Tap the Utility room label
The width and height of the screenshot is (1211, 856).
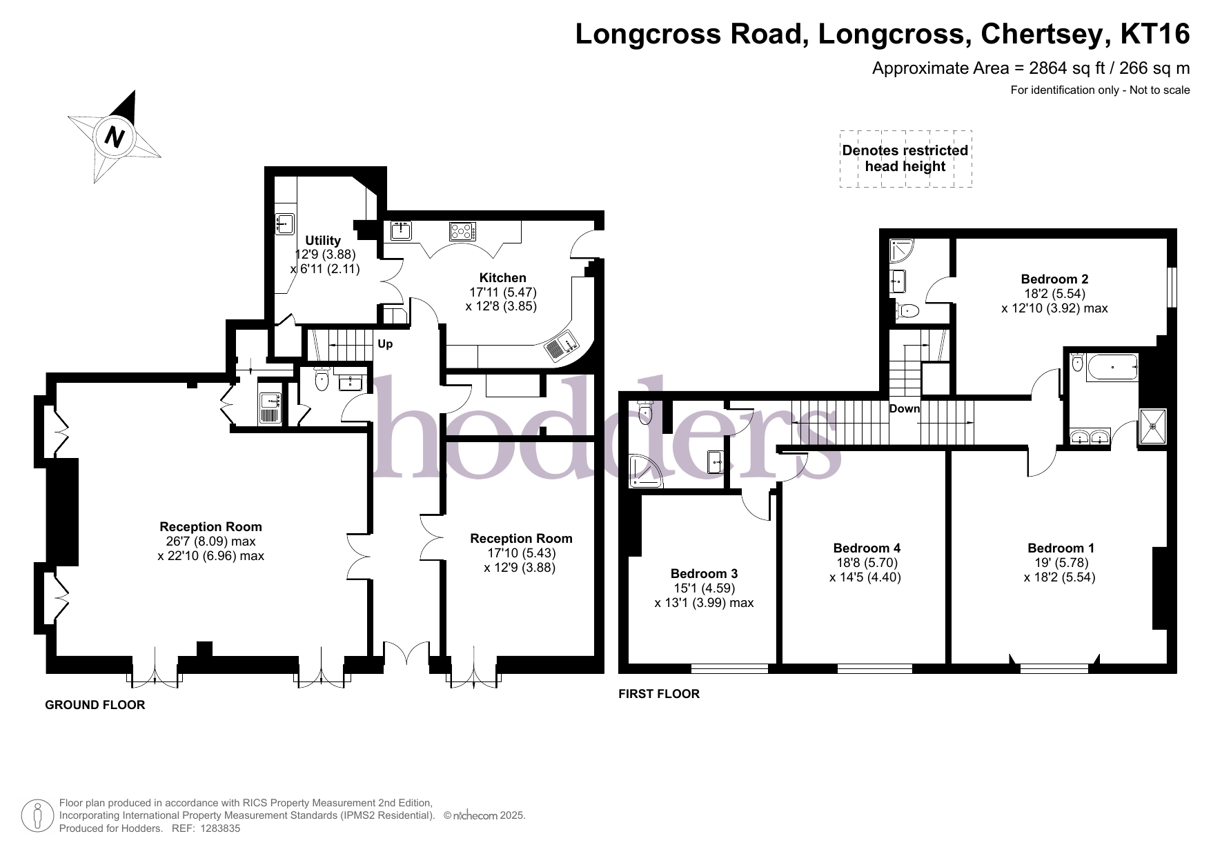[323, 240]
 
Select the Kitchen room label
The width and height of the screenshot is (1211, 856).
[502, 278]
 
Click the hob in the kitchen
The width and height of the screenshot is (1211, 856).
[462, 230]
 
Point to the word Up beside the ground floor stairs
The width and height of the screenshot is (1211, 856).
[385, 344]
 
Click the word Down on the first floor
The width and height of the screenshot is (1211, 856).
[905, 408]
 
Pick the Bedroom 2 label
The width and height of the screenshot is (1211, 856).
[1054, 279]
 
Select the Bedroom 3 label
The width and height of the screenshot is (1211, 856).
[704, 573]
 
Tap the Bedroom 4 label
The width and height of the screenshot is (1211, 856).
[867, 548]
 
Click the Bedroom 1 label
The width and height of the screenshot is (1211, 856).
[1061, 548]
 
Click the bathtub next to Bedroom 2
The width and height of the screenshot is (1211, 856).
[1111, 368]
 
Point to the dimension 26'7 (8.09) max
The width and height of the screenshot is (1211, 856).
[210, 542]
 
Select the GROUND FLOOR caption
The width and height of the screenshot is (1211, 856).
[95, 705]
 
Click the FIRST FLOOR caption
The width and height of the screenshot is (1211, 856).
[659, 694]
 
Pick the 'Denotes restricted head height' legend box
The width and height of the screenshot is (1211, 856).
[905, 159]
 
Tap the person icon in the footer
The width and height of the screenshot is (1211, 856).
[38, 815]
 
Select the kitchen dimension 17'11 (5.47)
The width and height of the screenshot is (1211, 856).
[502, 292]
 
